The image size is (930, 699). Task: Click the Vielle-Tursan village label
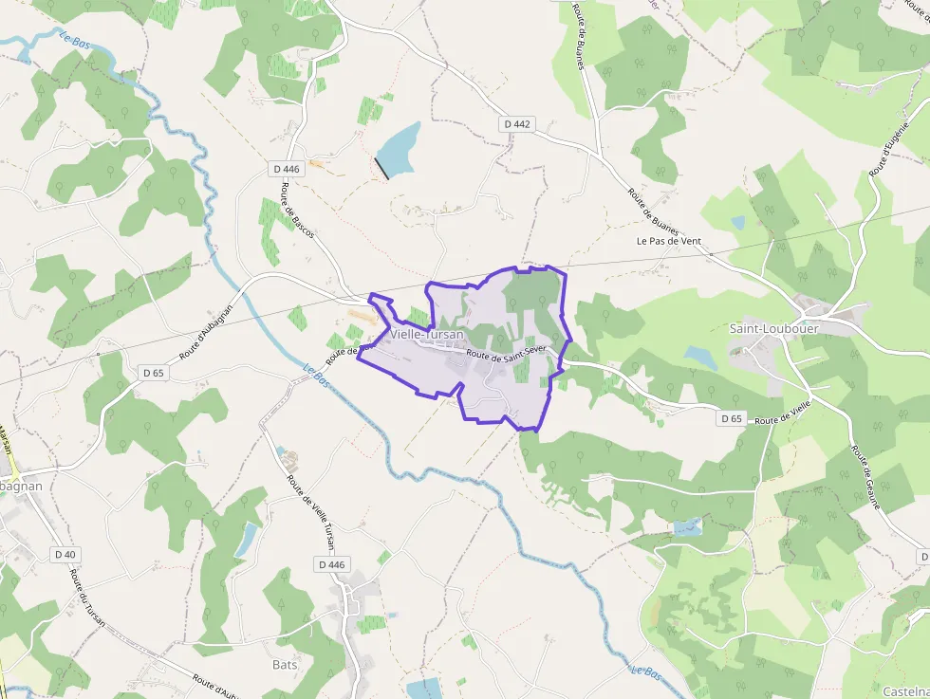point(427,335)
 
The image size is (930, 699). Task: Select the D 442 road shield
point(517,124)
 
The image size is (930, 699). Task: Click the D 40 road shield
point(65,554)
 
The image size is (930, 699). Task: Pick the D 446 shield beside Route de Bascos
point(286,169)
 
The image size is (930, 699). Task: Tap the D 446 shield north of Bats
point(332,564)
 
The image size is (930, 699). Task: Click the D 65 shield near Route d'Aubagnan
point(154,373)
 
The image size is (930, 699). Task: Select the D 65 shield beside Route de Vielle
point(731,418)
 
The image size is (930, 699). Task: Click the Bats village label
point(285,664)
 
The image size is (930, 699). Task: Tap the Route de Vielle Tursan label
point(311,511)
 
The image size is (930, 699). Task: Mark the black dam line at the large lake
point(381,168)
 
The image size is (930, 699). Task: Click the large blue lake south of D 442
point(399,147)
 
